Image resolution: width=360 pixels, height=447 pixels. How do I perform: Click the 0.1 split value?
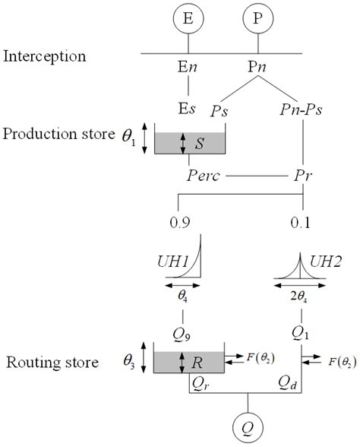click(x=302, y=223)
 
